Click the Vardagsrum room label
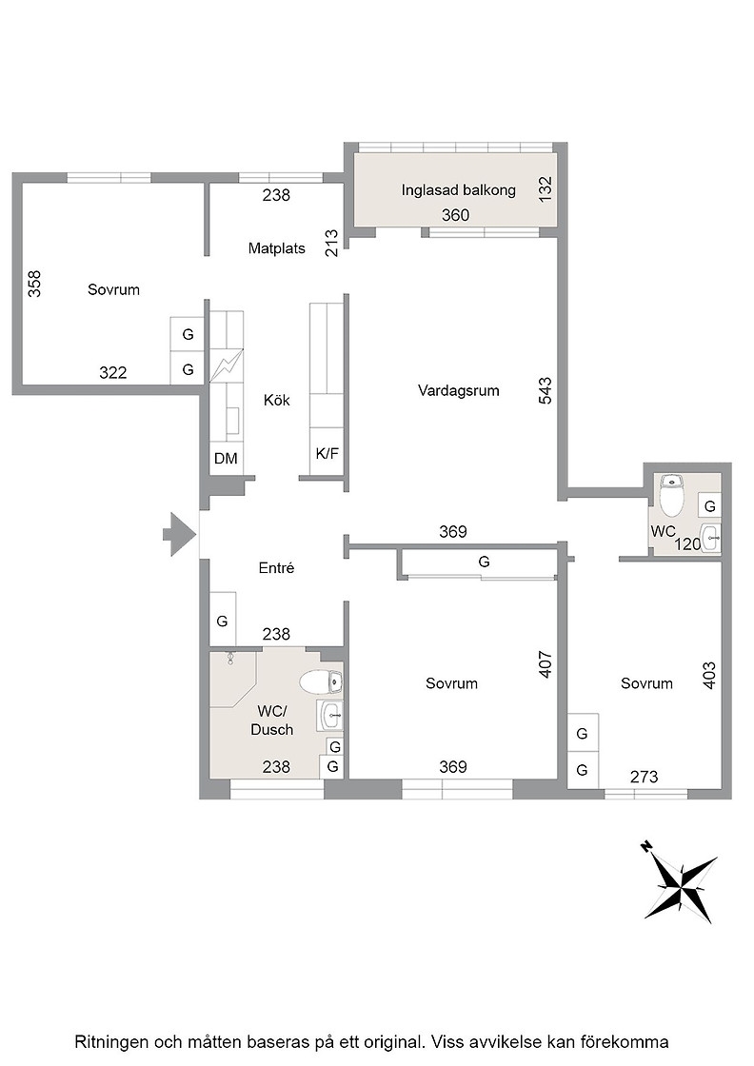tap(458, 391)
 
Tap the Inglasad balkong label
tap(458, 190)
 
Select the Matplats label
tap(277, 248)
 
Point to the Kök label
tap(277, 401)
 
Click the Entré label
tap(277, 568)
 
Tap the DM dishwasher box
tap(226, 459)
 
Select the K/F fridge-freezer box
tap(327, 453)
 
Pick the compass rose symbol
tap(680, 881)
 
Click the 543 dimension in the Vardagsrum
tap(546, 391)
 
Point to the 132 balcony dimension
tap(546, 189)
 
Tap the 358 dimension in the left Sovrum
tap(34, 285)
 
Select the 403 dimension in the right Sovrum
tap(709, 676)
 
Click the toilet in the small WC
tap(672, 495)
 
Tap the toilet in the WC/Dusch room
tap(320, 681)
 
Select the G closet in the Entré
tap(223, 620)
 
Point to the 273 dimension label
tap(644, 777)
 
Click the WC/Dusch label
tap(272, 721)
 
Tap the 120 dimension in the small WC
tap(687, 544)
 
